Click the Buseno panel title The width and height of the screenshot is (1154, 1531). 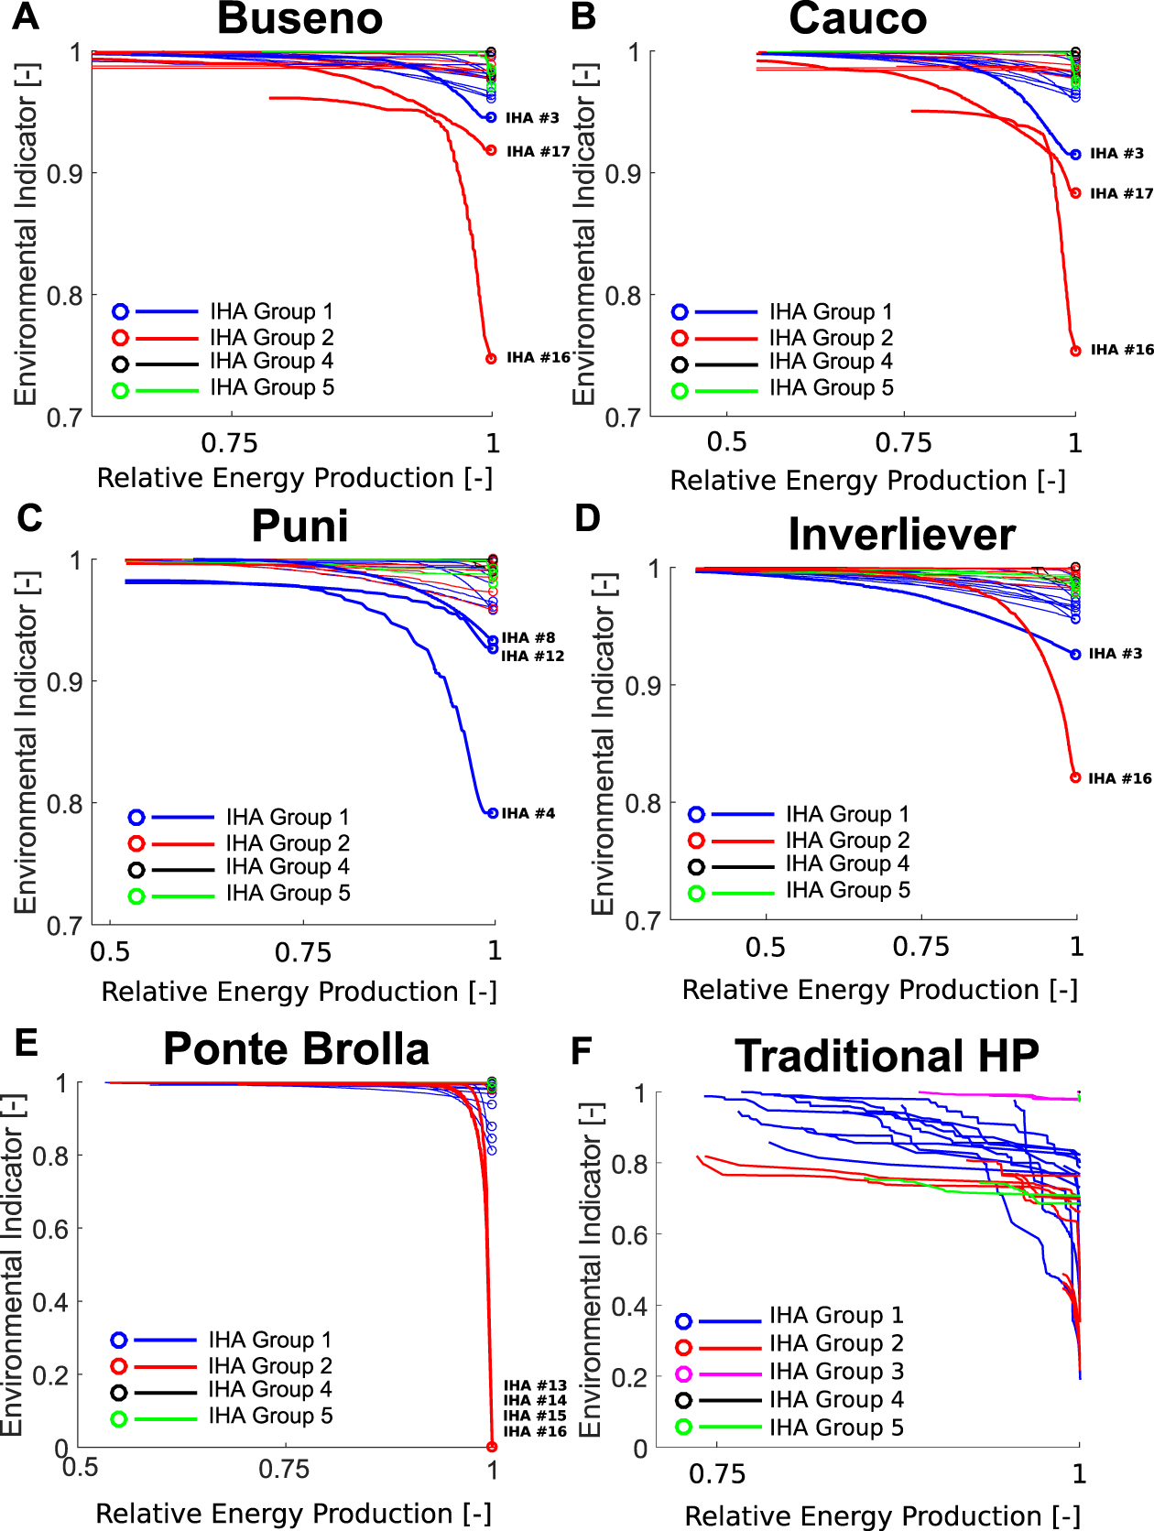coord(299,18)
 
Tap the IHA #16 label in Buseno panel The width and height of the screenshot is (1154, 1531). coord(539,357)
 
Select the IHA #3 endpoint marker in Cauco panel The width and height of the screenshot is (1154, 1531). coord(1075,155)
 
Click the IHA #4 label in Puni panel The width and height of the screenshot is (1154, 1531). coord(528,813)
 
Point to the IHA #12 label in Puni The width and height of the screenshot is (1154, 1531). coord(532,656)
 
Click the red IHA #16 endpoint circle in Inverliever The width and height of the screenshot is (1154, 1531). coord(1075,777)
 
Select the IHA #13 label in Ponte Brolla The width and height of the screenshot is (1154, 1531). coord(535,1385)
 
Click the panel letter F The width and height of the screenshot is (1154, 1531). coord(581,1051)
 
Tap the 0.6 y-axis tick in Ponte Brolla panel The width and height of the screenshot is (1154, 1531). coord(50,1229)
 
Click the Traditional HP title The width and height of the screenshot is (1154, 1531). coord(887,1056)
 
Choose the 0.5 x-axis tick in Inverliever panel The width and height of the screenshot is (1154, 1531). coord(765,947)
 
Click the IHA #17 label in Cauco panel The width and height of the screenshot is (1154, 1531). coord(1121,193)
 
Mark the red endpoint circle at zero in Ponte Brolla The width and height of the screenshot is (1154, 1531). coord(492,1447)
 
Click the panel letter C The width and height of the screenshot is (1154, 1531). coord(29,518)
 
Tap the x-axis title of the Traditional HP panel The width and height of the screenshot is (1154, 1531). coord(882,1516)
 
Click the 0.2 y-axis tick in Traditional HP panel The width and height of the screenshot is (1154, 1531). coord(629,1377)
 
